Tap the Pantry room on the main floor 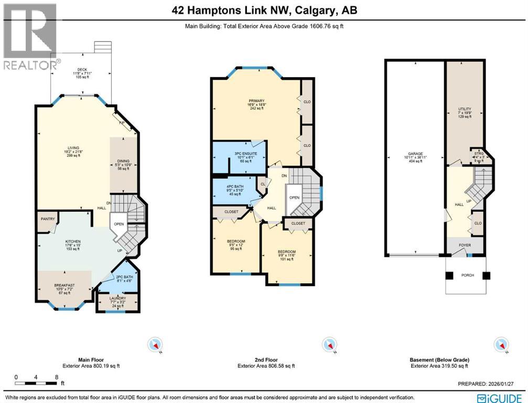[x=48, y=219]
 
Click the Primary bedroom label [x=256, y=104]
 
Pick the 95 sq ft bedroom [x=235, y=246]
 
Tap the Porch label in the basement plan [x=467, y=276]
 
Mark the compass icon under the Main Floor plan [x=156, y=345]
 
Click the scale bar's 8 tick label [x=56, y=377]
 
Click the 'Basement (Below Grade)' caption [x=439, y=360]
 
